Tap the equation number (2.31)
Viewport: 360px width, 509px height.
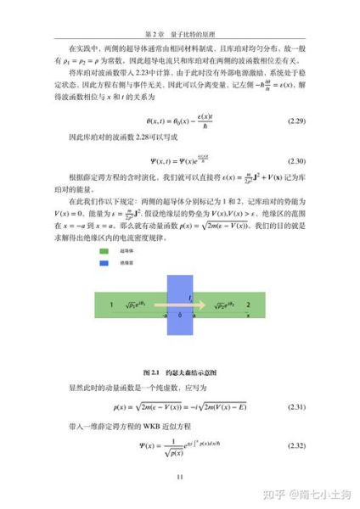pos(297,407)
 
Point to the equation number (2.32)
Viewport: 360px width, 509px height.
pos(297,446)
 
